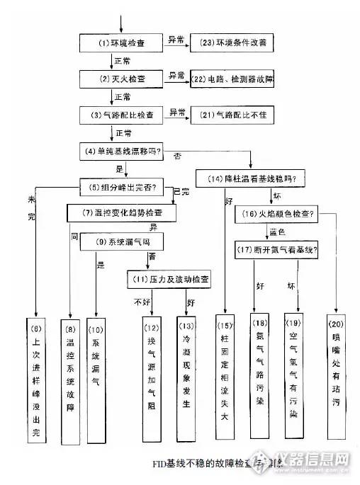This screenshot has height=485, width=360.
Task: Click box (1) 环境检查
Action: tap(123, 43)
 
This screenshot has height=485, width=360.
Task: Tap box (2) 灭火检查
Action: tap(122, 78)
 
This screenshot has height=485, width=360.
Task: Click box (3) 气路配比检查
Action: tap(122, 114)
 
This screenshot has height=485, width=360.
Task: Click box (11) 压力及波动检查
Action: tap(169, 279)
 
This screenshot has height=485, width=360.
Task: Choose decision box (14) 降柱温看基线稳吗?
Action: tap(250, 178)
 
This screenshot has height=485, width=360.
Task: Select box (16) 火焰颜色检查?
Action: tap(277, 213)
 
